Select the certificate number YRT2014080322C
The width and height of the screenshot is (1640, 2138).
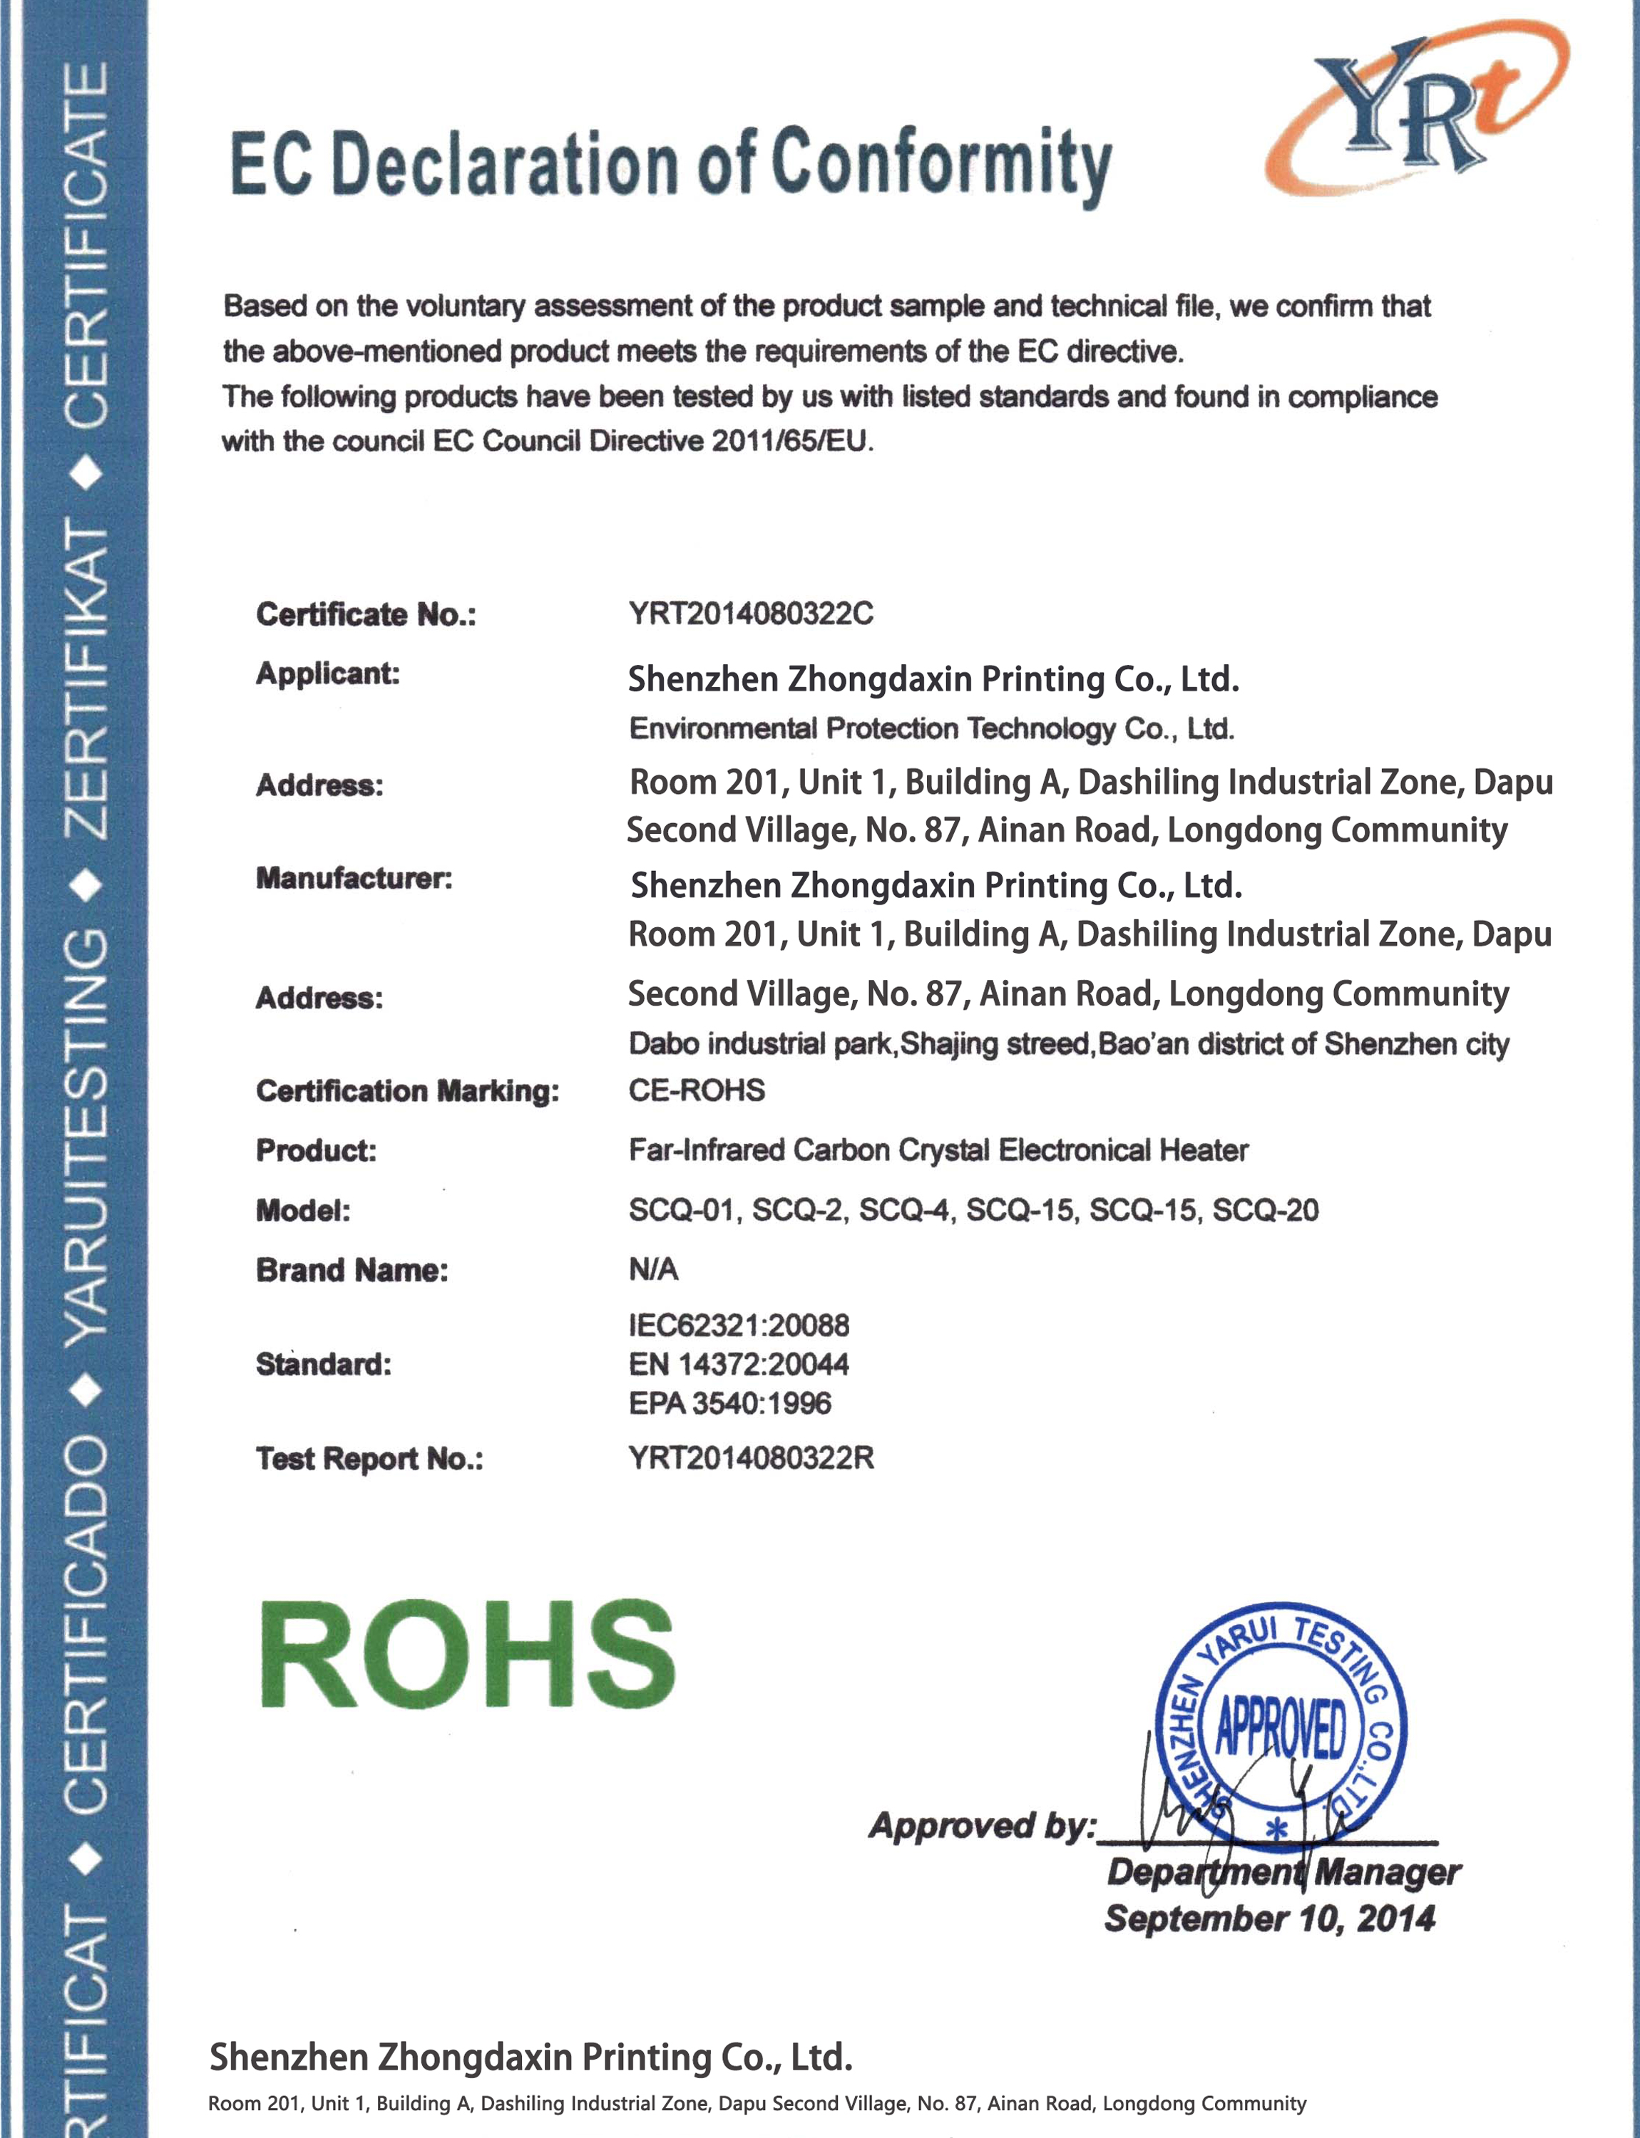(751, 614)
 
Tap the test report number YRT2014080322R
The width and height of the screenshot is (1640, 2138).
(751, 1458)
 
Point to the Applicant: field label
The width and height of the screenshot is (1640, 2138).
(328, 673)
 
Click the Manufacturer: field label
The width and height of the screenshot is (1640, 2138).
(354, 878)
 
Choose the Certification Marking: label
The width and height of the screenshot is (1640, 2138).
(407, 1090)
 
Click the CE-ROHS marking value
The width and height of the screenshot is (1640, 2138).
(696, 1089)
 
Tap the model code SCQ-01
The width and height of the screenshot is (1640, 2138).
(683, 1210)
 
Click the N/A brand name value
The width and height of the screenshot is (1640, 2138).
(653, 1269)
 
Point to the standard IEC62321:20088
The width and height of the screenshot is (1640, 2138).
(739, 1325)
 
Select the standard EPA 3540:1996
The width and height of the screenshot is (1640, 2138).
(730, 1403)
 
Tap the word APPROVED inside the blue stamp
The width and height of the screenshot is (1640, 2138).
(1280, 1728)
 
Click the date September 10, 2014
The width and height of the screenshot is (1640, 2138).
(1269, 1918)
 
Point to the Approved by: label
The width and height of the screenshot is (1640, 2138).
(982, 1824)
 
